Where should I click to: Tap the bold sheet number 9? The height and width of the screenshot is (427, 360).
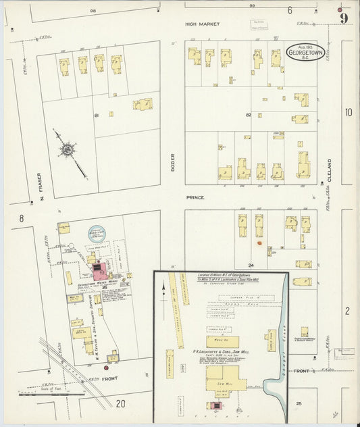pyautogui.click(x=344, y=18)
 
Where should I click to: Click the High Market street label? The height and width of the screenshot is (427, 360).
pyautogui.click(x=203, y=24)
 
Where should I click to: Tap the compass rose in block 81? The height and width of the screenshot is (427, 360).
pyautogui.click(x=69, y=149)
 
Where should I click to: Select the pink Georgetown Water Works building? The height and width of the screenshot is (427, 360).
pyautogui.click(x=101, y=272)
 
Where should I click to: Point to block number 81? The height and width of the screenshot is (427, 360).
pyautogui.click(x=97, y=116)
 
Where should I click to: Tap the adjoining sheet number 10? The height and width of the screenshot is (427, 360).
pyautogui.click(x=348, y=112)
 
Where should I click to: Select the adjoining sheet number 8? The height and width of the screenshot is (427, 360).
pyautogui.click(x=22, y=218)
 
